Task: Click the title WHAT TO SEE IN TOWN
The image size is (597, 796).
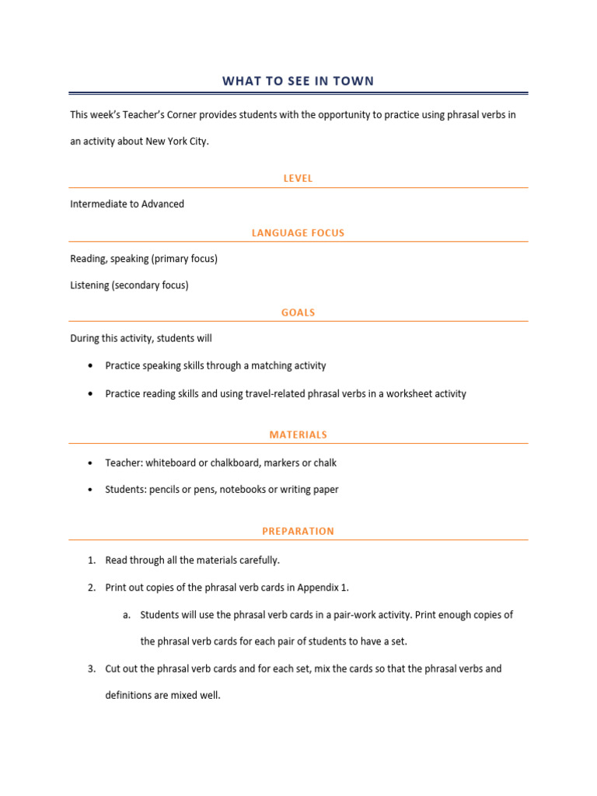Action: point(298,81)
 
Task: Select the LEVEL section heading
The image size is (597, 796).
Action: point(298,178)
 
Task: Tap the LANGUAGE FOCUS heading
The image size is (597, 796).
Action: point(298,232)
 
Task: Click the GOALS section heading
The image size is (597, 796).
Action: point(298,312)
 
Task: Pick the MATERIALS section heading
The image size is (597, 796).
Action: point(298,435)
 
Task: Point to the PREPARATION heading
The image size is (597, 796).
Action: point(298,531)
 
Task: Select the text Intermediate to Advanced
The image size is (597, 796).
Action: point(127,204)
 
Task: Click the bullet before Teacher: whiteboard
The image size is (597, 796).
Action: point(92,463)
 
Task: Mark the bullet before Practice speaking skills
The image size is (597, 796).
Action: point(92,366)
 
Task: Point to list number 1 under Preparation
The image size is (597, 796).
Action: point(91,560)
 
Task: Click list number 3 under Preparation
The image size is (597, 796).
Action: point(91,669)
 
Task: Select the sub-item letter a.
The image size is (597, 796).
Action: point(125,615)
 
